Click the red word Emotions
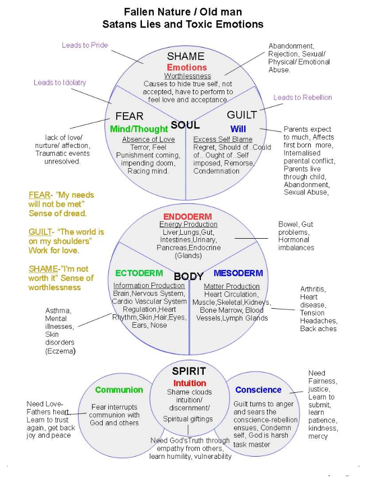[x=187, y=67]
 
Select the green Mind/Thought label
[x=139, y=129]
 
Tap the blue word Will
[x=238, y=129]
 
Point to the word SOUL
[x=185, y=124]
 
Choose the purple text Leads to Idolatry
[x=60, y=82]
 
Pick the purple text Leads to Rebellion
[x=302, y=97]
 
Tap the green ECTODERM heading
[x=139, y=273]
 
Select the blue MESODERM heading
[x=238, y=273]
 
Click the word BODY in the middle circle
[x=189, y=276]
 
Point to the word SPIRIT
[x=189, y=371]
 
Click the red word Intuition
[x=190, y=383]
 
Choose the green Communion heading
[x=119, y=390]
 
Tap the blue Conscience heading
[x=258, y=390]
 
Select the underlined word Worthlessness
[x=187, y=76]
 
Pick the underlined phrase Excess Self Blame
[x=222, y=139]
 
